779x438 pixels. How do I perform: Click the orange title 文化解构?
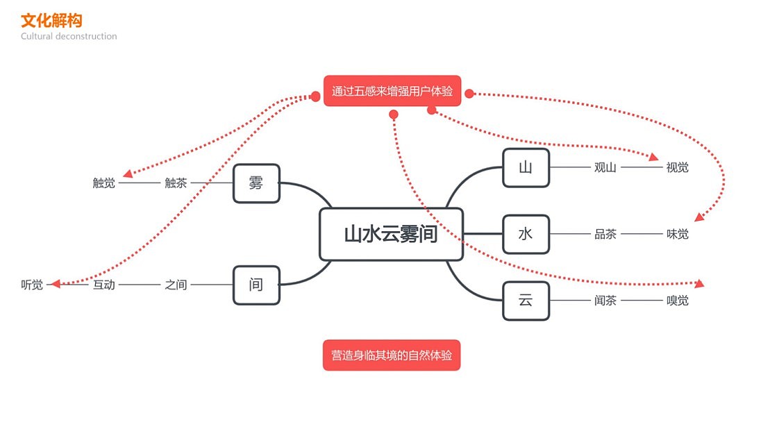coord(51,20)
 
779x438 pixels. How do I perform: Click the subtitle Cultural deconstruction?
coord(69,36)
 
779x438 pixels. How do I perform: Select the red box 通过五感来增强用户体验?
coord(392,91)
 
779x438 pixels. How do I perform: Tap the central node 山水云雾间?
coord(391,234)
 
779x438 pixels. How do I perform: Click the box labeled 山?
coord(526,167)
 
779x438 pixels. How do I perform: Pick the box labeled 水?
coord(526,234)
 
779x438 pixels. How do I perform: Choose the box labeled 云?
coord(526,301)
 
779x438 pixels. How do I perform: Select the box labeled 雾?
coord(256,183)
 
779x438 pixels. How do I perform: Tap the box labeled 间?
coord(256,285)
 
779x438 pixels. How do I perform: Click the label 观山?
coord(605,167)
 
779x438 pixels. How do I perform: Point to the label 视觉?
coord(677,167)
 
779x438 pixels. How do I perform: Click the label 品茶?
coord(605,234)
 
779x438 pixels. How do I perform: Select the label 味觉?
coord(677,234)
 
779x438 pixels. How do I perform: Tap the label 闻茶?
coord(605,301)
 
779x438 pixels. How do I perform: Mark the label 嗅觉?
coord(677,301)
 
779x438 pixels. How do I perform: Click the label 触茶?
coord(176,183)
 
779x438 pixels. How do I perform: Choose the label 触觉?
coord(104,183)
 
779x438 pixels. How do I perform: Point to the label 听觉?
coord(32,285)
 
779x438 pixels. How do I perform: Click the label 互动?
coord(104,285)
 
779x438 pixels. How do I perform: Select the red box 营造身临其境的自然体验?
coord(391,355)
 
